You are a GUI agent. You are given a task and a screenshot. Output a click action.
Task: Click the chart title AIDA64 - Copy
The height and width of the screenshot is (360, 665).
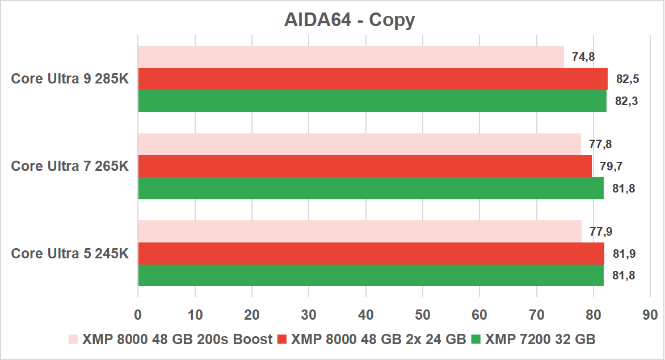tap(350, 20)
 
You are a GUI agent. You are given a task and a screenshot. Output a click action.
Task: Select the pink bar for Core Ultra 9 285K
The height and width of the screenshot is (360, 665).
tap(351, 57)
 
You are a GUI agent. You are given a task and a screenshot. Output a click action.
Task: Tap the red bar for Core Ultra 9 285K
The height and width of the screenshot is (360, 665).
tap(372, 79)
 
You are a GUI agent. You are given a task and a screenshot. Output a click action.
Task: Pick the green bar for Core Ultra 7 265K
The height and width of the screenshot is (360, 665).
tap(371, 188)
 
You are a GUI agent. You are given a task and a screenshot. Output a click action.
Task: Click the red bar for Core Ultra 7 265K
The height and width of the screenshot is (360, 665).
tap(365, 166)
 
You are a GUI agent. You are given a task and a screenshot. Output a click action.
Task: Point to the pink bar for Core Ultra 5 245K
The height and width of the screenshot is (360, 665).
tap(360, 231)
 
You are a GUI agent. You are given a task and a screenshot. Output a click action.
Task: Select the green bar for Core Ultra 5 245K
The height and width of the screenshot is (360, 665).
tap(371, 275)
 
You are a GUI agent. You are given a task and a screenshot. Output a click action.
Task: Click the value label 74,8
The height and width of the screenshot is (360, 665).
tap(583, 57)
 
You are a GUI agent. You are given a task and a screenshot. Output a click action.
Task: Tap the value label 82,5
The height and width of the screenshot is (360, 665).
tap(628, 79)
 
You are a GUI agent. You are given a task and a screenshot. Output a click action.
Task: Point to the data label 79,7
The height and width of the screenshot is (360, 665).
tap(611, 166)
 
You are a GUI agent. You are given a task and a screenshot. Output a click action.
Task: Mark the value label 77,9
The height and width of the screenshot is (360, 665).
tap(601, 231)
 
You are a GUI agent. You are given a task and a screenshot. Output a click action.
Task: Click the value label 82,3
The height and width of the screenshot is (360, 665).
tap(626, 101)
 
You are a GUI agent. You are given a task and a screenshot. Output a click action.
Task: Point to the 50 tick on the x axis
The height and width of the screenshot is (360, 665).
tap(422, 314)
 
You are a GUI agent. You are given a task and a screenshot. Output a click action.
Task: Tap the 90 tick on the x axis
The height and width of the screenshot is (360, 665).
tap(650, 314)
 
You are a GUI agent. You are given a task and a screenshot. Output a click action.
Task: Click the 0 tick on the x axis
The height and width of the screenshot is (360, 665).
tap(138, 314)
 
